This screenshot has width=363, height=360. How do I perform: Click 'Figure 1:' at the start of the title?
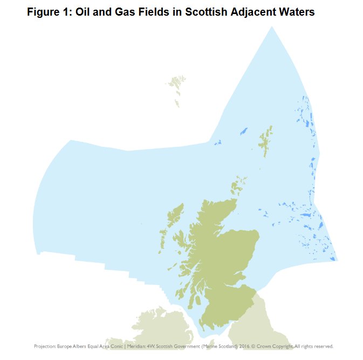click(x=48, y=11)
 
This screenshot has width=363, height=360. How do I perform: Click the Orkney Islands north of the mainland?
click(x=237, y=184)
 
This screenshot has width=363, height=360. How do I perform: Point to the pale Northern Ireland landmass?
click(x=154, y=324)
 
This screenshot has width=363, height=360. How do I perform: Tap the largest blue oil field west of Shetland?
click(x=243, y=131)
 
